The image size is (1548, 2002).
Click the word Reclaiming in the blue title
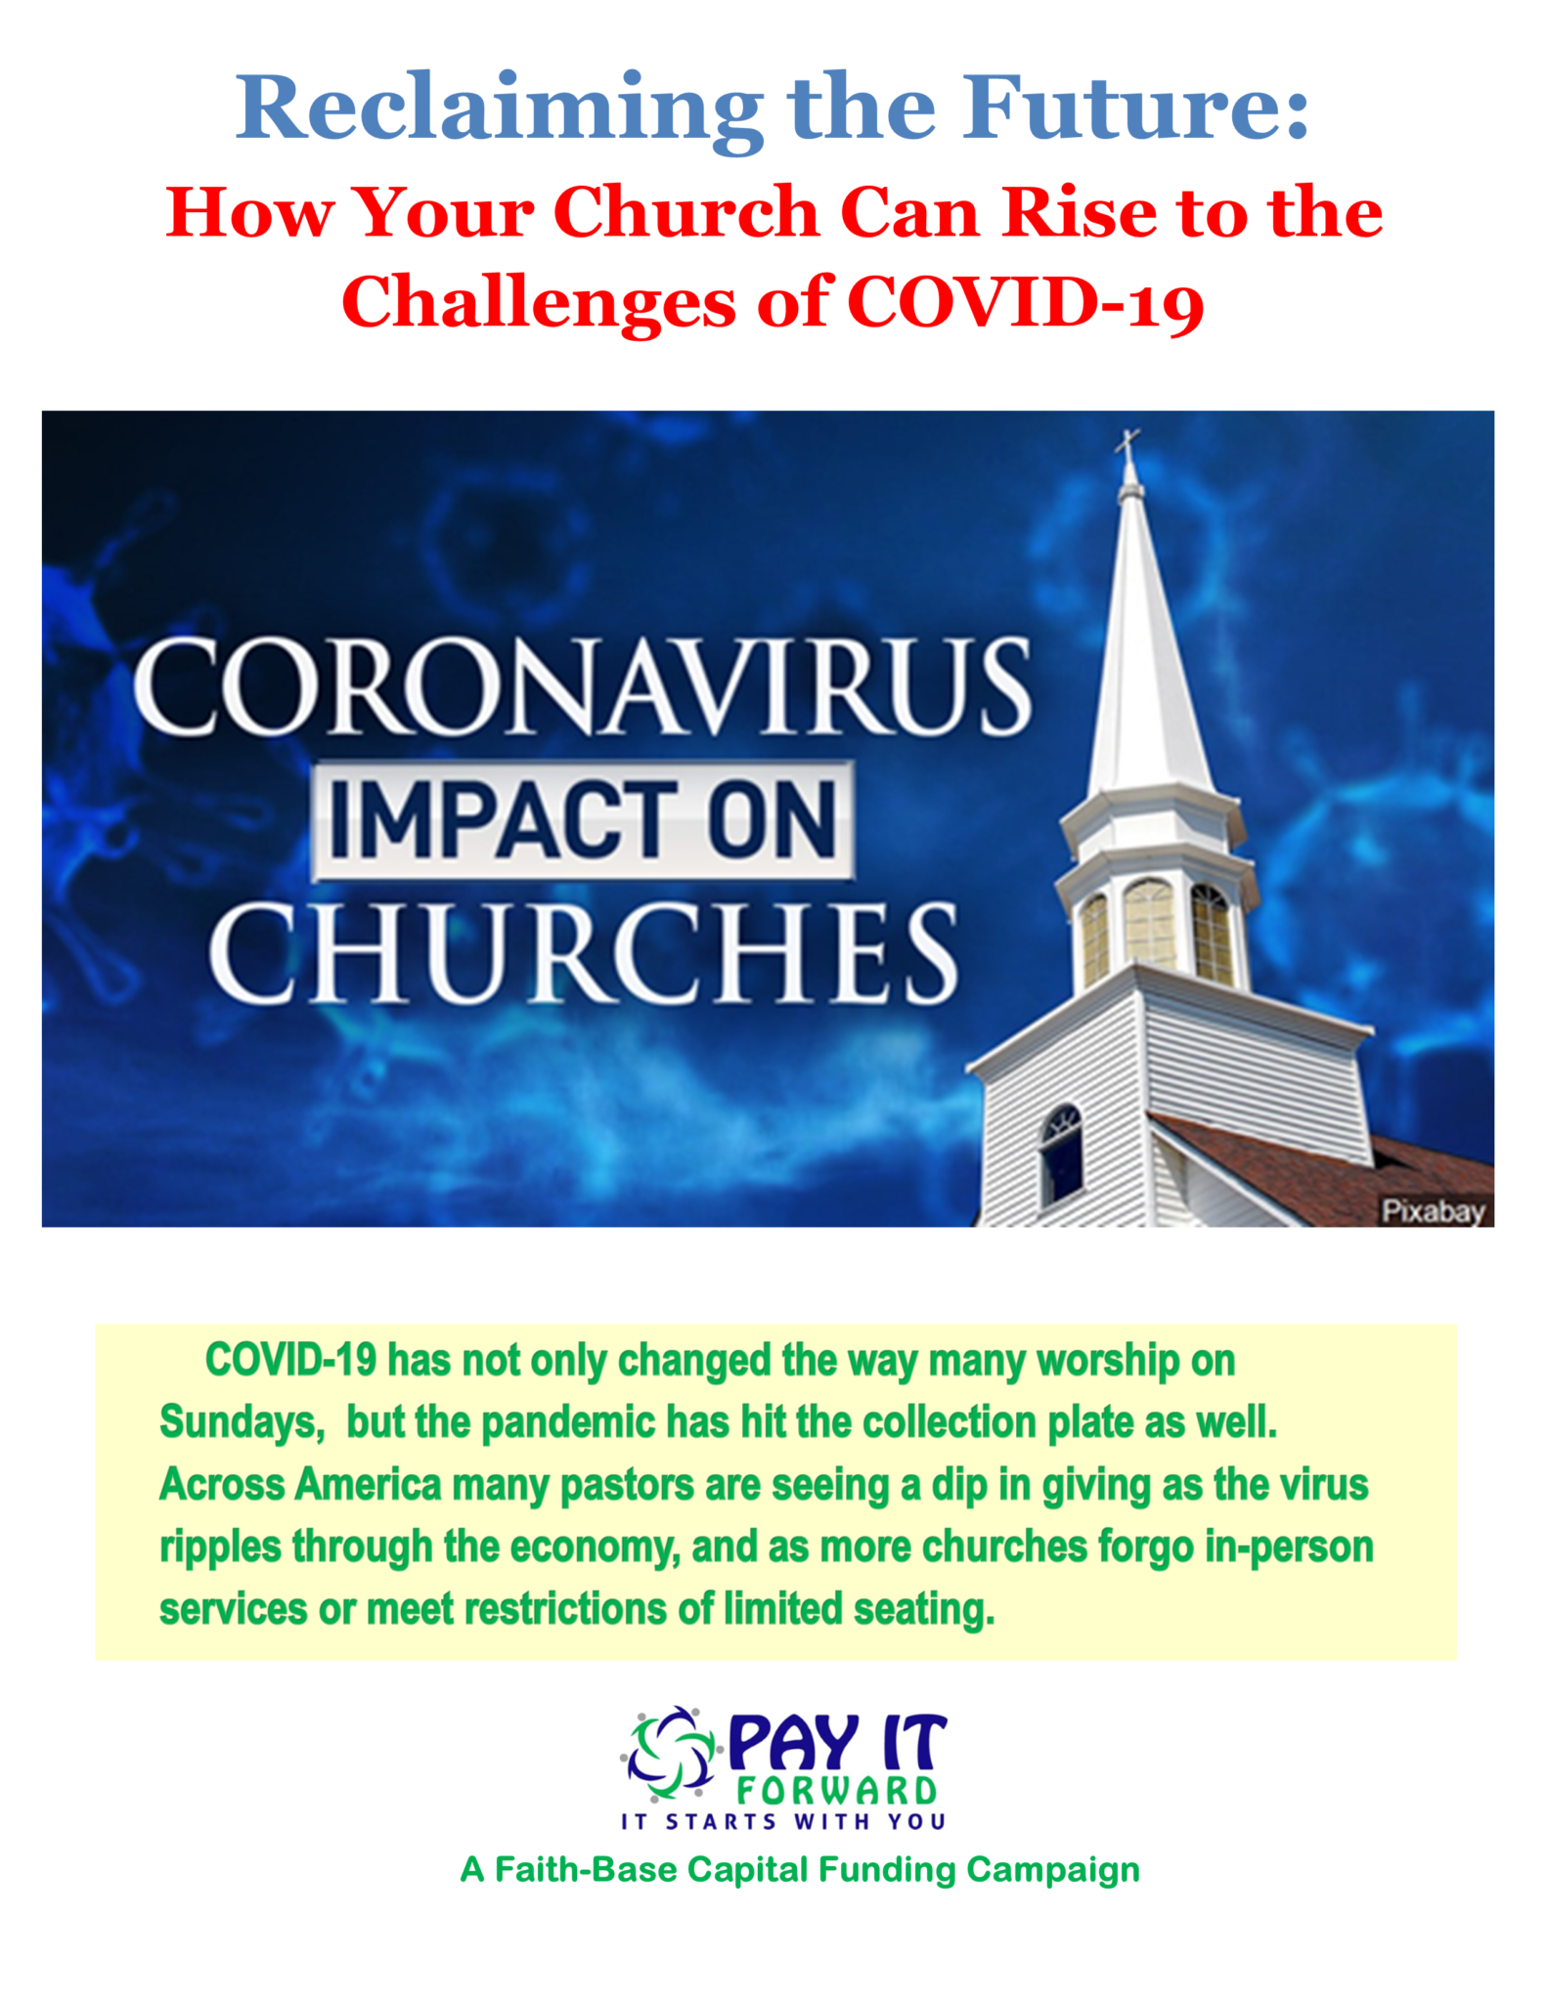499,110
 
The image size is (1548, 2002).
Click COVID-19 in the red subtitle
1026,302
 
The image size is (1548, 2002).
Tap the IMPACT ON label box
582,819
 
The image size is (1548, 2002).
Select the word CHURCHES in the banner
584,953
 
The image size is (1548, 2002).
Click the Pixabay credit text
1434,1212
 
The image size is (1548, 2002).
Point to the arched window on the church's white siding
1061,1153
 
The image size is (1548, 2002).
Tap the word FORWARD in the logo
837,1791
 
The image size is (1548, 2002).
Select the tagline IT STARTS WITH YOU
783,1822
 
